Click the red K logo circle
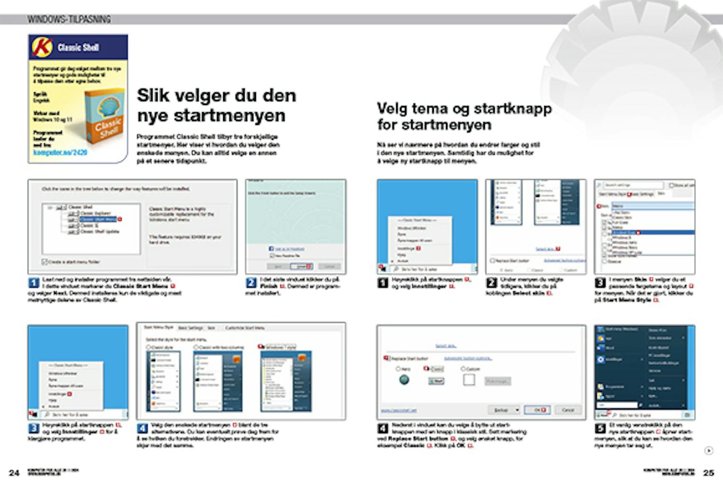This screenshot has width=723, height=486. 42,47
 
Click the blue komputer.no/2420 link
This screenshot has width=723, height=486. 60,152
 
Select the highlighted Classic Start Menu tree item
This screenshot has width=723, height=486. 98,219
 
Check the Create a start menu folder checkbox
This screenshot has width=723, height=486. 45,262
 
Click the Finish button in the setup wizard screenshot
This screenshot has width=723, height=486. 304,266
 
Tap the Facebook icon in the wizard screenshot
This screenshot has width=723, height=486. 271,249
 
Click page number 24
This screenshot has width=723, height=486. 14,473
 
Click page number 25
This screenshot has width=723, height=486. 708,473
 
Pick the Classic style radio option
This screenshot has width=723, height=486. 149,347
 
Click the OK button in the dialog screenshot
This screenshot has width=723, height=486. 537,410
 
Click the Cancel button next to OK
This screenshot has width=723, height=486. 568,410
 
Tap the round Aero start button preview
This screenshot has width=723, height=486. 404,380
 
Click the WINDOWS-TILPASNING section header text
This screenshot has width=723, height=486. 69,19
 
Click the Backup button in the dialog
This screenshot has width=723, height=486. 504,410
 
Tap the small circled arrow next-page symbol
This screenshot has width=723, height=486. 709,451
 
